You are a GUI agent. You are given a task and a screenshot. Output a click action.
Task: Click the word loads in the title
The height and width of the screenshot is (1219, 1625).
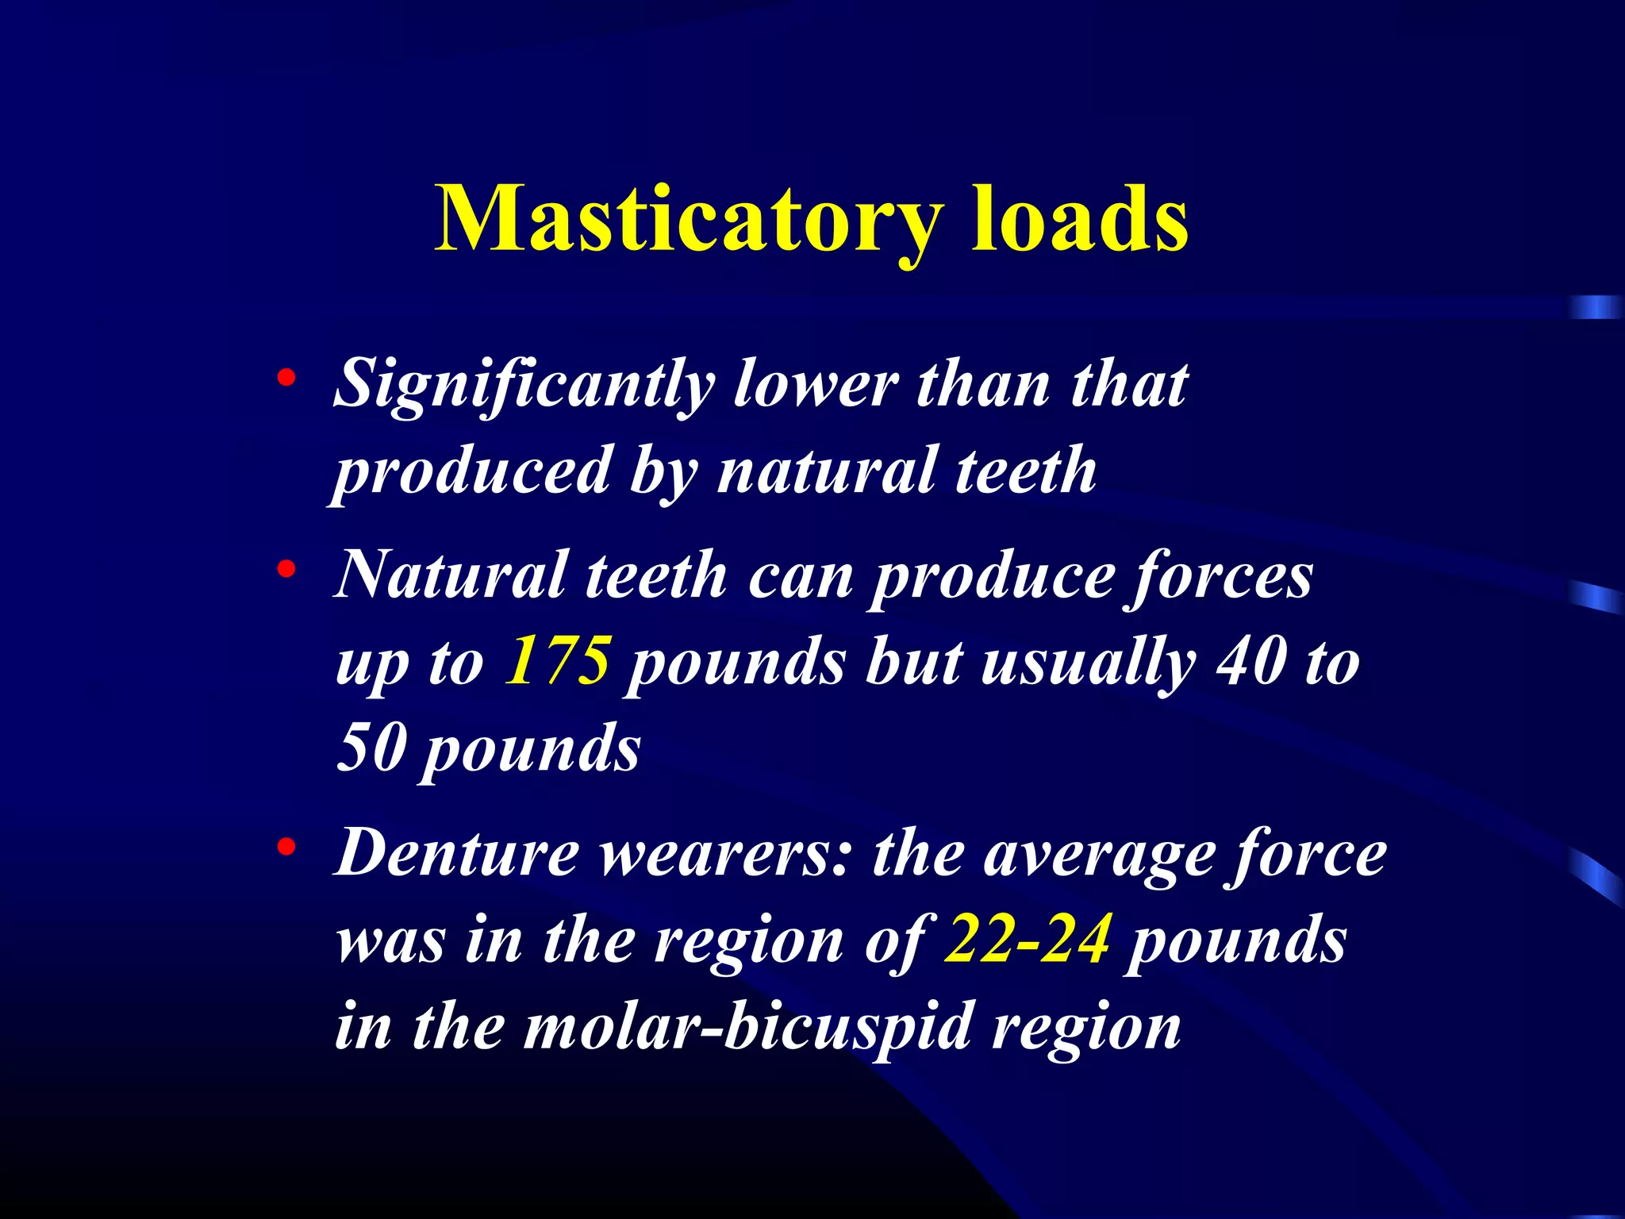(1080, 218)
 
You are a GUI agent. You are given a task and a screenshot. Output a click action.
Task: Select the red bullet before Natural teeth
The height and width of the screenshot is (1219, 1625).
(286, 569)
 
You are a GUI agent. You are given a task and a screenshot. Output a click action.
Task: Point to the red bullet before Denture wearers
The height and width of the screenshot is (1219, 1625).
(286, 848)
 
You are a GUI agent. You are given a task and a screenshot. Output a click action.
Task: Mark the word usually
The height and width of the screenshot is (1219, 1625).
(1089, 663)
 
